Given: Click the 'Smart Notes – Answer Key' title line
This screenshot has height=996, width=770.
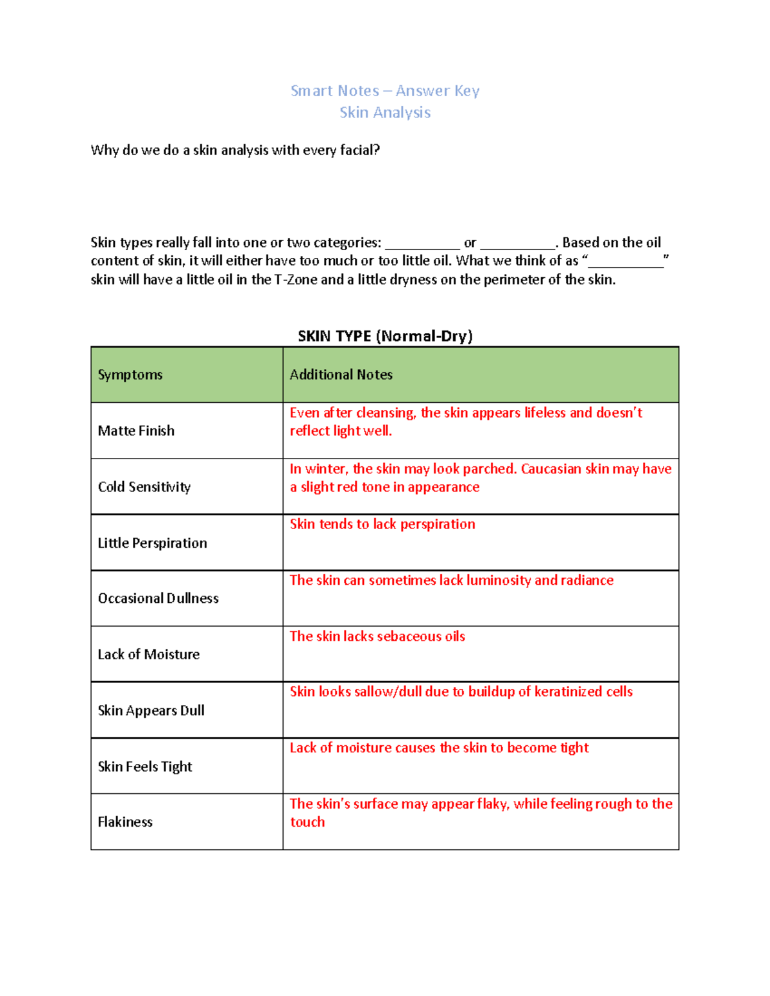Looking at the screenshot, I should pos(385,90).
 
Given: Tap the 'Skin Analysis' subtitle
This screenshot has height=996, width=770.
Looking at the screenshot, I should pos(385,112).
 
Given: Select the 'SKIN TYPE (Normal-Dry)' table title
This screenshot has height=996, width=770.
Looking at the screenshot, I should pos(385,336).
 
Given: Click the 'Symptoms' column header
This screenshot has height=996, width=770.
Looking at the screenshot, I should pos(130,375).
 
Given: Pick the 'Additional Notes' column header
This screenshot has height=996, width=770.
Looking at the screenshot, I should pos(341,375).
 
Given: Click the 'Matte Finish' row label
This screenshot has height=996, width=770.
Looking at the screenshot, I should pos(136,431).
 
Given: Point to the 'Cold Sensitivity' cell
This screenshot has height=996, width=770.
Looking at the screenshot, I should pos(144,487).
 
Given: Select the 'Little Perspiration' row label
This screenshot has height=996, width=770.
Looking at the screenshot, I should pos(152,543).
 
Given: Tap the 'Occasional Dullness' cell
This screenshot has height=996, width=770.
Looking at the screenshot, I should pos(158,598).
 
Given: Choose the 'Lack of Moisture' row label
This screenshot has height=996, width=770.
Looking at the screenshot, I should pos(148,654).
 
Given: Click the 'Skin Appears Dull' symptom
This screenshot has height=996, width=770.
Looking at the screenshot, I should pos(151,711).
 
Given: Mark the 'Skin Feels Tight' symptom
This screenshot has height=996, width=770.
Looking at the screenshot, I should pos(145,766).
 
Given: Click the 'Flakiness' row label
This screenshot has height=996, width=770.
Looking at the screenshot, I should pos(125,822).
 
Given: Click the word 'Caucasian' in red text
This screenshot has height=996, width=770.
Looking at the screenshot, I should pos(551,469).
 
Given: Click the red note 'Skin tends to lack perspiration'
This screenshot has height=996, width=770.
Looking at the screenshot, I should pos(382,524).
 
